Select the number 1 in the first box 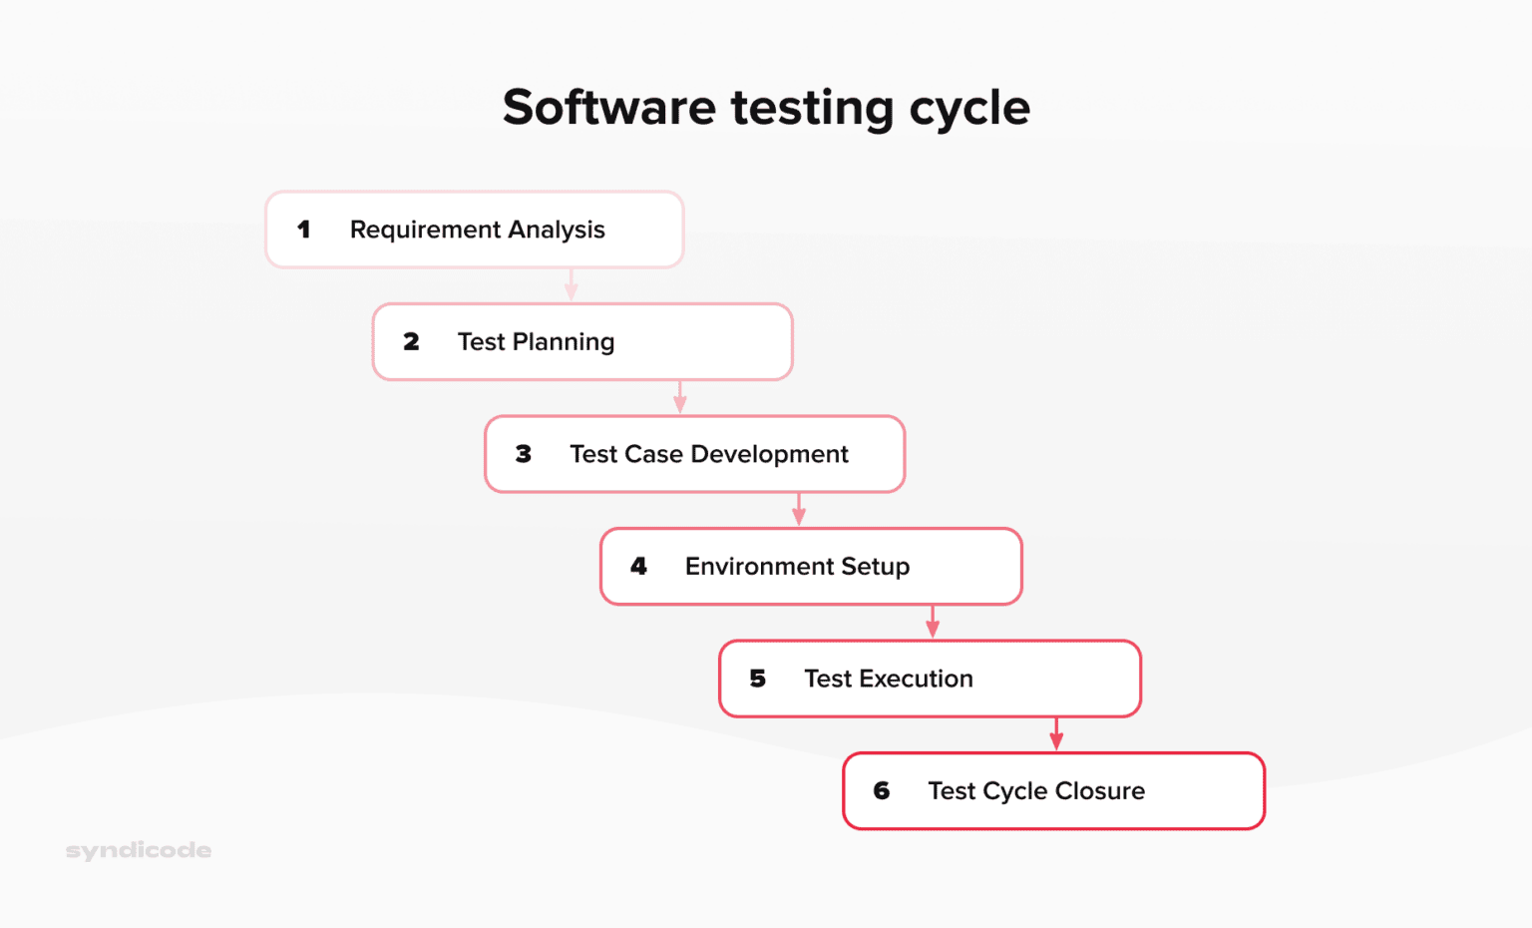[304, 230]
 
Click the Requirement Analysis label [477, 230]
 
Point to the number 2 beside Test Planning [411, 342]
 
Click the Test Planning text [536, 342]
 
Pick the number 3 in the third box [524, 454]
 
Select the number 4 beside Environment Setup [639, 567]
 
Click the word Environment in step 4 [759, 567]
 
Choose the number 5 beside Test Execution [758, 679]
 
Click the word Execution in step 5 [916, 679]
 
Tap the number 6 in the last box [882, 791]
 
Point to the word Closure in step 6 [1099, 791]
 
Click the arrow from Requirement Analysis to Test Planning [572, 285]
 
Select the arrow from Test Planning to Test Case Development [680, 397]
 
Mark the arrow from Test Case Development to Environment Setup [799, 510]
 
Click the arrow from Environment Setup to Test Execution [933, 622]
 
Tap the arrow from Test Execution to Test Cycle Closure [1056, 734]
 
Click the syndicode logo [139, 851]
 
